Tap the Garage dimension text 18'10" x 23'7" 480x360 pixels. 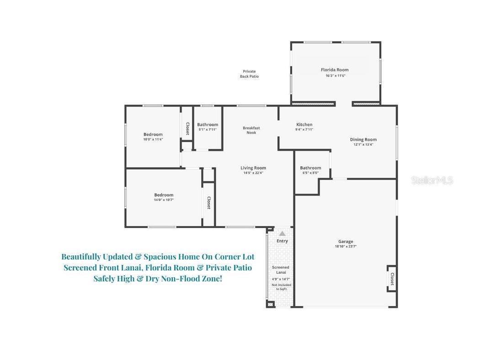point(346,247)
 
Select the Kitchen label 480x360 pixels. point(304,124)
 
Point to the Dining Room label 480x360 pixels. point(363,139)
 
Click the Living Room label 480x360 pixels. point(253,168)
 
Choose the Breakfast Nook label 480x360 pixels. point(251,130)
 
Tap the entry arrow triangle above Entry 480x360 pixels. point(282,233)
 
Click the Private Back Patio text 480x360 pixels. point(249,74)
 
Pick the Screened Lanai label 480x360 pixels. point(281,270)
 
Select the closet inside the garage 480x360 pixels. point(392,278)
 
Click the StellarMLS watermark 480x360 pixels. point(432,180)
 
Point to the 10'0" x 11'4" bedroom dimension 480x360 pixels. point(153,139)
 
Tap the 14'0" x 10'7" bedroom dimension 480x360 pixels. point(164,200)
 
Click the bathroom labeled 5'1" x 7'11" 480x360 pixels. point(208,127)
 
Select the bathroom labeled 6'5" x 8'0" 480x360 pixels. point(310,170)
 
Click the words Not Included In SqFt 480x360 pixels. point(281,287)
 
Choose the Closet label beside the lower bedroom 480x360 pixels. point(209,203)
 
